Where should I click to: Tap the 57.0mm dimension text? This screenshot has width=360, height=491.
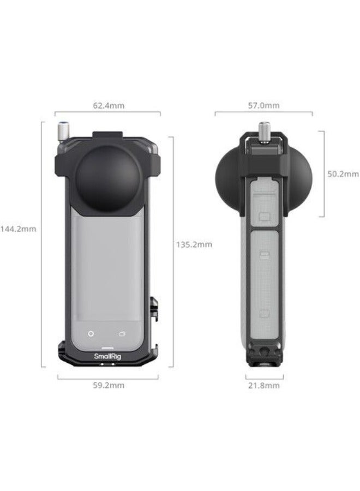click(264, 105)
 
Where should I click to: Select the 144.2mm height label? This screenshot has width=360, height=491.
click(19, 229)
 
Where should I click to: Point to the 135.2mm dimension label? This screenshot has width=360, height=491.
click(194, 244)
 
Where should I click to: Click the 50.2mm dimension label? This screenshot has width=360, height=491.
click(343, 174)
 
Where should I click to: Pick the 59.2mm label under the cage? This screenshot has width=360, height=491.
click(109, 385)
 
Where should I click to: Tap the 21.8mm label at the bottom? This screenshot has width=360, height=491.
click(264, 385)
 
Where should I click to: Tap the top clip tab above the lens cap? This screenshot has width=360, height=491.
click(107, 137)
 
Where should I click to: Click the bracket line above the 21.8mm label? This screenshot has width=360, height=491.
click(264, 376)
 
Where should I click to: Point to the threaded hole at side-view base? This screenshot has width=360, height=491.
click(264, 360)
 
